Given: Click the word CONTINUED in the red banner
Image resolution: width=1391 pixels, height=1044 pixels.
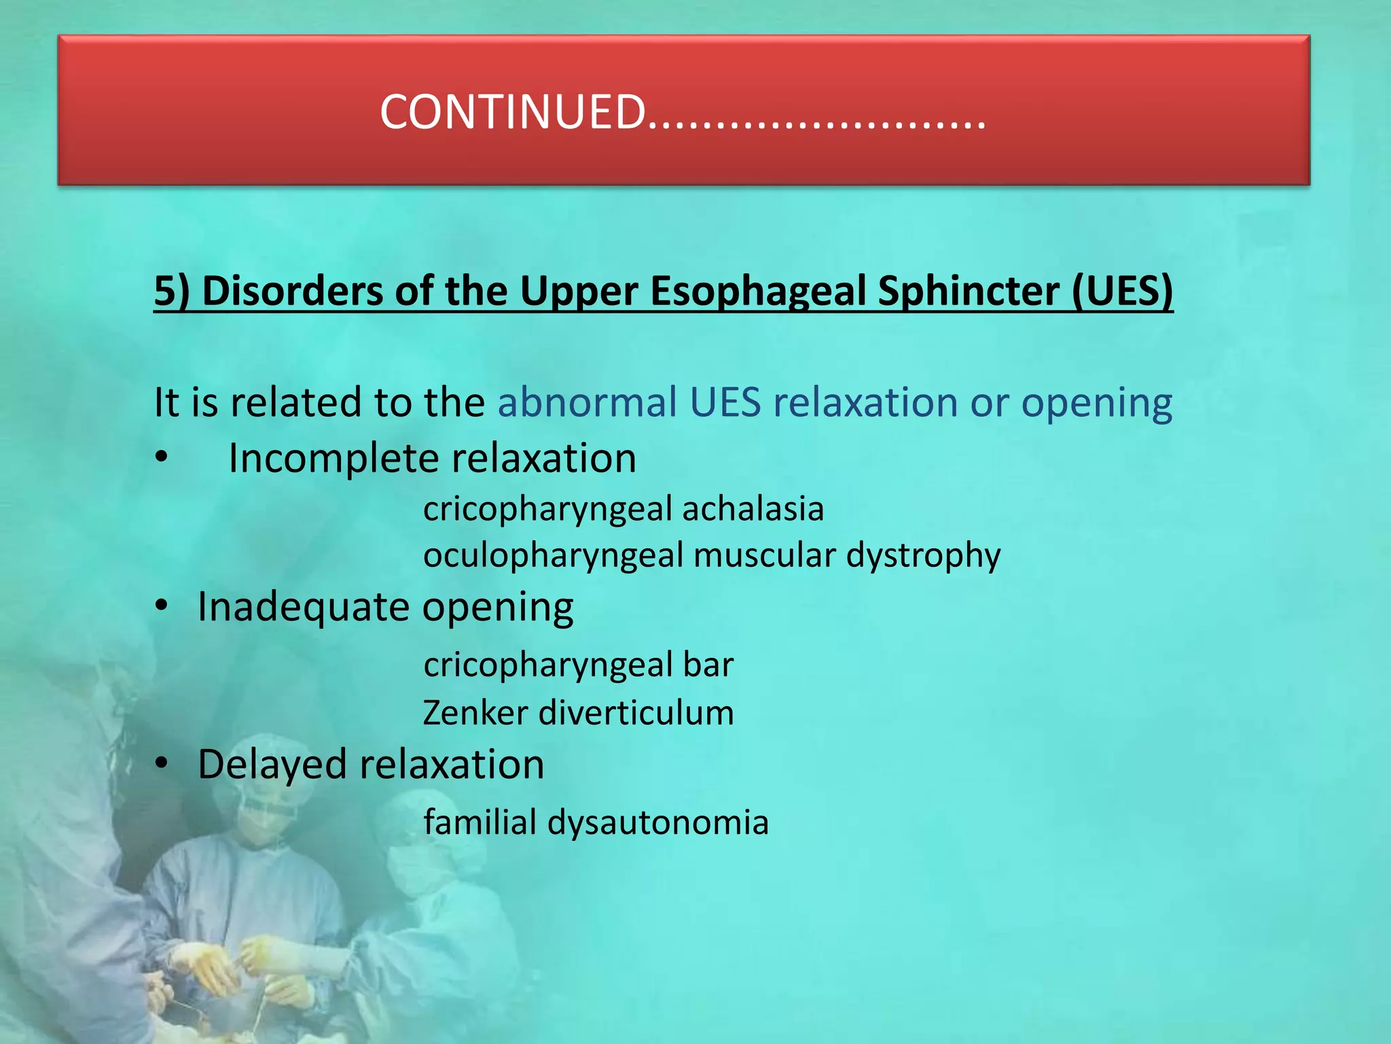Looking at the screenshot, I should click(512, 112).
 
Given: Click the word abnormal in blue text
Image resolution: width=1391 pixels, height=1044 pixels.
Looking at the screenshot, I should click(588, 402).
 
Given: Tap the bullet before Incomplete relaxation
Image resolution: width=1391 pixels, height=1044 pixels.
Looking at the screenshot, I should click(161, 457).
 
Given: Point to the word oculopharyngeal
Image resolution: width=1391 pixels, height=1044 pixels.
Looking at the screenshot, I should click(553, 556).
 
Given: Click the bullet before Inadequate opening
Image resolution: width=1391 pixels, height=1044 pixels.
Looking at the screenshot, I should click(161, 606).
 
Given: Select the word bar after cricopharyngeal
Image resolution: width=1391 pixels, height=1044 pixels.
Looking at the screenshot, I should click(708, 664).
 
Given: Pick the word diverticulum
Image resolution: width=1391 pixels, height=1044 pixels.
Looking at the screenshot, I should click(636, 713).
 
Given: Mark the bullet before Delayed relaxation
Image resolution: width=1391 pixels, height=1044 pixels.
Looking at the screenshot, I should click(161, 763).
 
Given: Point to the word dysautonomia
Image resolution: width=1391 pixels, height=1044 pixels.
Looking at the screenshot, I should click(658, 822).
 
